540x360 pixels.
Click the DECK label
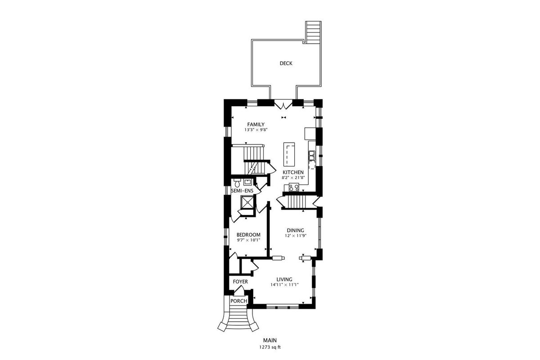(x=286, y=63)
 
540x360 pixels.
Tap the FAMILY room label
(x=256, y=124)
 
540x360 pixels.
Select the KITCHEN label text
(x=293, y=172)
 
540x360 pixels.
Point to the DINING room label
(x=295, y=230)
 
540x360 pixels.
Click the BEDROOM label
(x=248, y=234)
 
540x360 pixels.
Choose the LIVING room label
(x=284, y=279)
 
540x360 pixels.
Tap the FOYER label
(x=240, y=282)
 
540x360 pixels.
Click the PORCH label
(x=238, y=301)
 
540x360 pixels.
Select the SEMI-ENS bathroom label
(x=242, y=191)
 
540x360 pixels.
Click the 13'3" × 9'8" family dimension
(x=256, y=130)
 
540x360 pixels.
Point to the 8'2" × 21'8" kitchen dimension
(x=293, y=178)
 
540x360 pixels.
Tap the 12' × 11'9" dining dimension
(x=295, y=236)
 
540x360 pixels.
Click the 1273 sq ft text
(x=270, y=347)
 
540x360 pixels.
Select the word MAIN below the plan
(x=270, y=340)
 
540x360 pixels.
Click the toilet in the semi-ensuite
(x=237, y=183)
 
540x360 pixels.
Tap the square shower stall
(x=247, y=202)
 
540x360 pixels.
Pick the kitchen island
(x=289, y=154)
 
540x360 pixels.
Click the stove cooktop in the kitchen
(x=294, y=187)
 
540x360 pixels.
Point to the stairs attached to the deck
(x=313, y=32)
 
